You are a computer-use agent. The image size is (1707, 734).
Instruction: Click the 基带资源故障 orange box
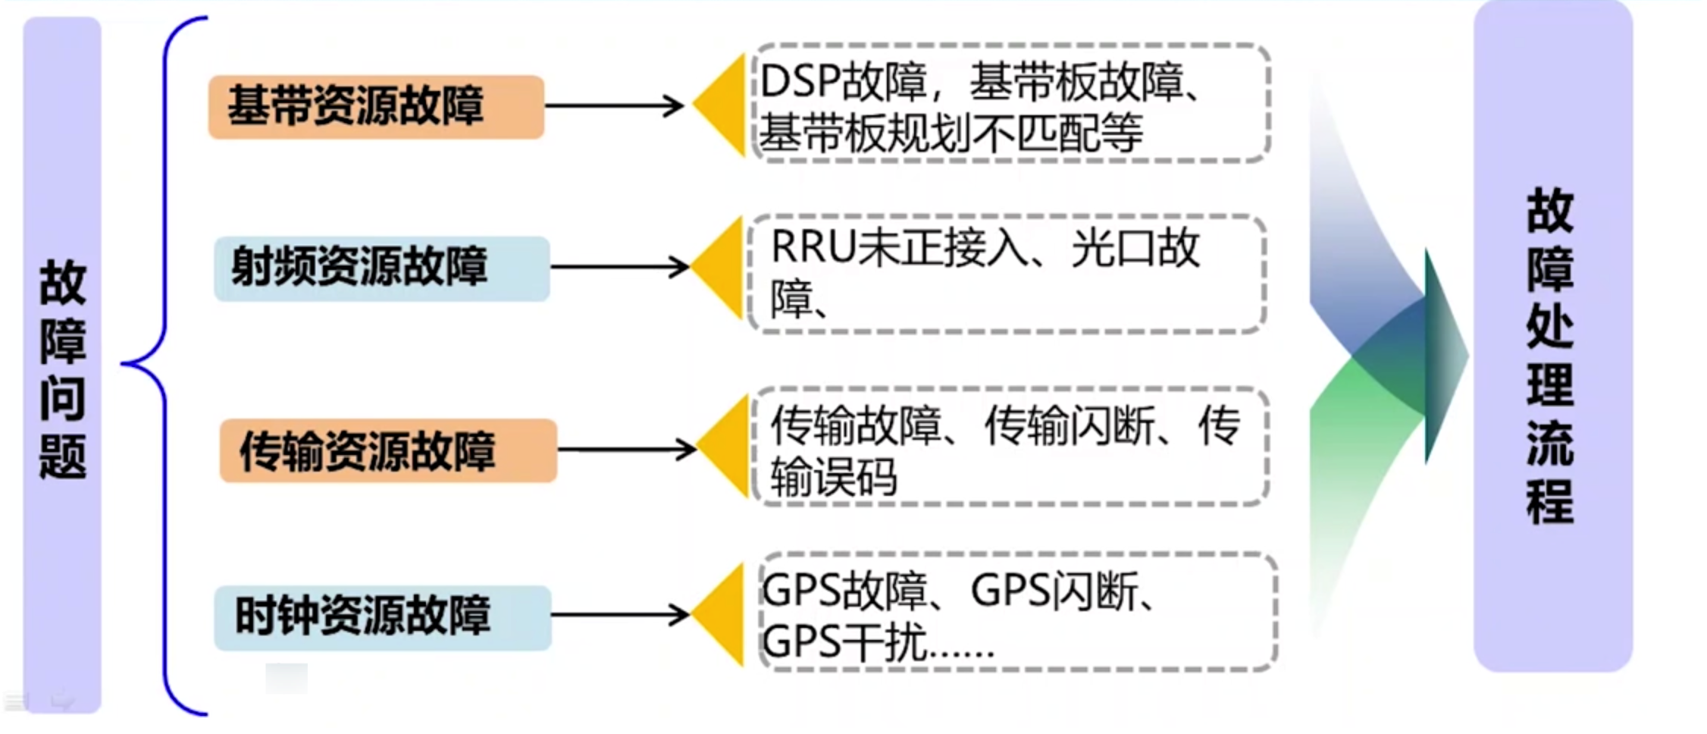click(376, 106)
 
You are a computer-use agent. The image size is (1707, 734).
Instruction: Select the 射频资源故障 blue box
click(381, 268)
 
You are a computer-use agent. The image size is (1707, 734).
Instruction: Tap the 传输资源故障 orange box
click(388, 450)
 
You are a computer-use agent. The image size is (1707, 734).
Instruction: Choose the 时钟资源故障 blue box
click(382, 616)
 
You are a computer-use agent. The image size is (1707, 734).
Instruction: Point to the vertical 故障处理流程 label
click(1551, 356)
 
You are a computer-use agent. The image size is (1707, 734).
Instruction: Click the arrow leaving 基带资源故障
click(614, 105)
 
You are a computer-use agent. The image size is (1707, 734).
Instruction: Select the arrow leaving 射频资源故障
click(619, 267)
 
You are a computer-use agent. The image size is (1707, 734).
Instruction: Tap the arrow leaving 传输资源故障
click(626, 450)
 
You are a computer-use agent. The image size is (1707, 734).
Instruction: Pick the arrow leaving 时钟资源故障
click(619, 614)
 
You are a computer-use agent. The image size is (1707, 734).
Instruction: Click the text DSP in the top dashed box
click(799, 81)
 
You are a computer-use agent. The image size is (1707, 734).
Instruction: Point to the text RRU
click(813, 247)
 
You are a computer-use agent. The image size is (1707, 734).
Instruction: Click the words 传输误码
click(834, 478)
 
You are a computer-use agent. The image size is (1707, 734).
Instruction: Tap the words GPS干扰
click(843, 643)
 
